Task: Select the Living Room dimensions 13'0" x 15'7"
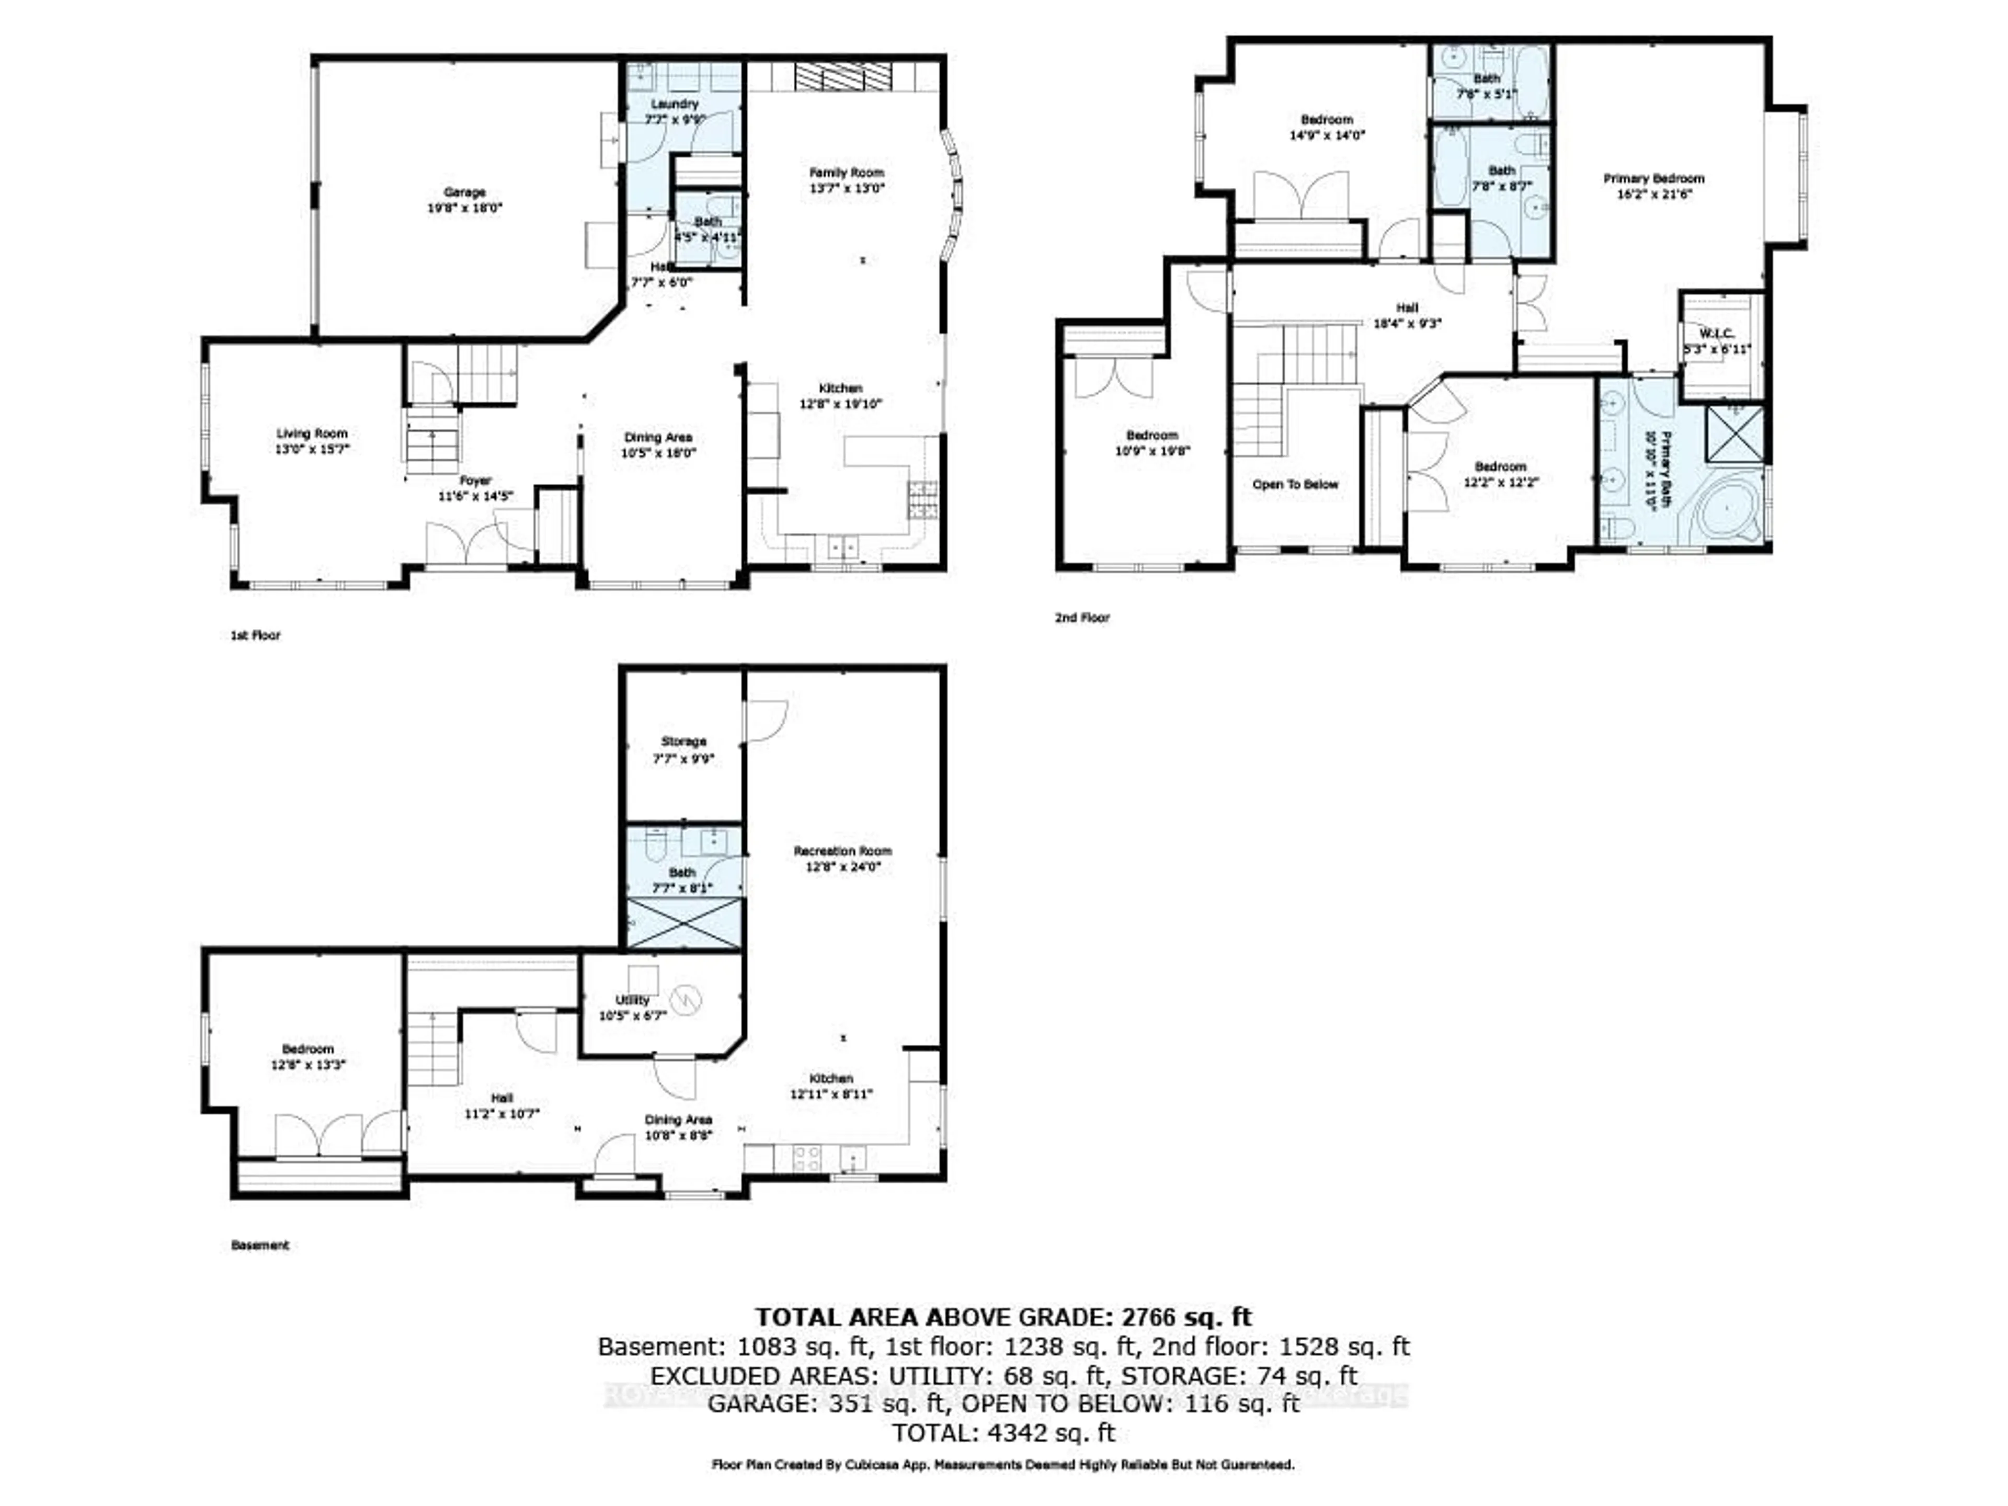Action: [x=311, y=449]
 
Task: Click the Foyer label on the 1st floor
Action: [x=475, y=480]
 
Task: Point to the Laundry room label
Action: [x=675, y=104]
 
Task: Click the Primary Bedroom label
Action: [x=1653, y=178]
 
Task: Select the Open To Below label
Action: [x=1295, y=484]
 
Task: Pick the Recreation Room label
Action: [x=842, y=851]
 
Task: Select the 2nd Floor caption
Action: [x=1081, y=617]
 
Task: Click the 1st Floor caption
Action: [x=255, y=634]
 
